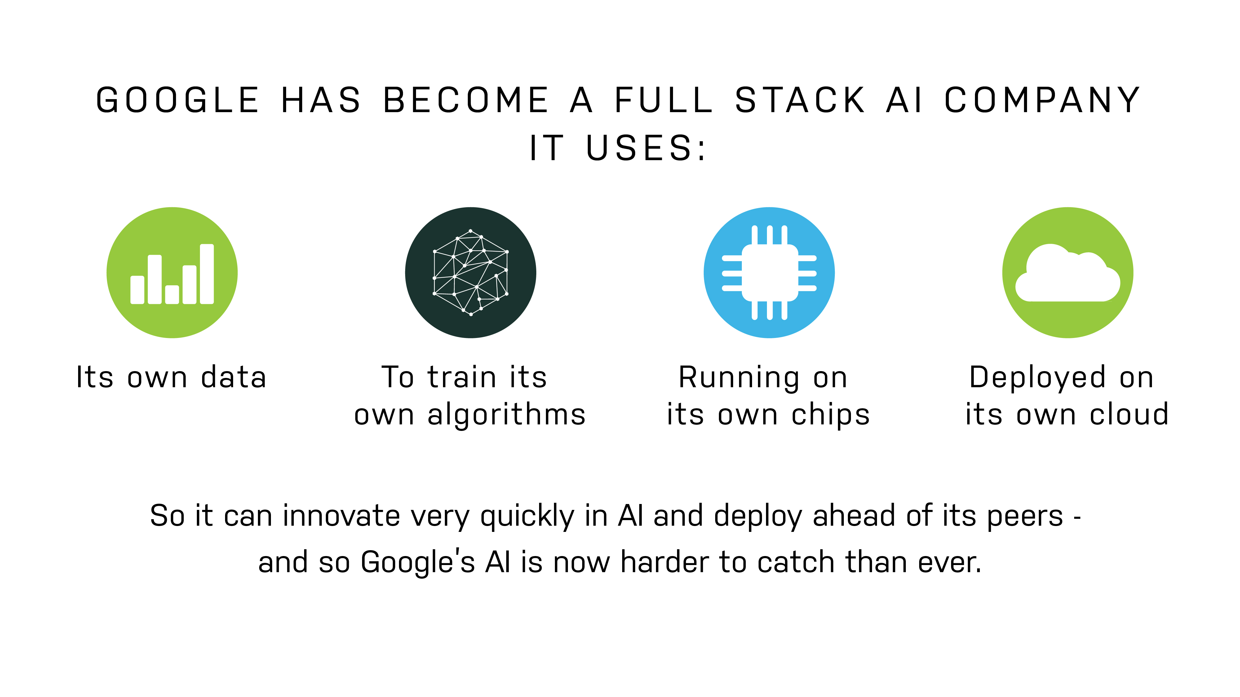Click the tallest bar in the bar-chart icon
(207, 274)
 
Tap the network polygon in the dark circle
(471, 273)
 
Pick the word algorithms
(507, 415)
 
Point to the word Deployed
(1037, 378)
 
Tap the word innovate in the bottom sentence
(341, 516)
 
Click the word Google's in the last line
(418, 562)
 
